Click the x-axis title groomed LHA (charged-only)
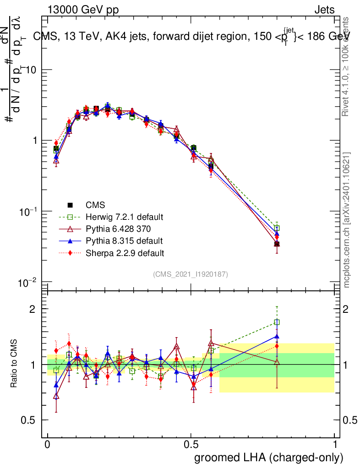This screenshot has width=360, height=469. click(x=269, y=458)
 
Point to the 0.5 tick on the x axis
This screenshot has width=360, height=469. click(x=191, y=445)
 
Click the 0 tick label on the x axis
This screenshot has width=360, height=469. click(x=47, y=445)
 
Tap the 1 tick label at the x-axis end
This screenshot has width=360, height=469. click(x=335, y=445)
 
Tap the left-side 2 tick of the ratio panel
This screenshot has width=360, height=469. click(x=33, y=309)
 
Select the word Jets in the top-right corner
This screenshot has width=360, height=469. click(x=324, y=10)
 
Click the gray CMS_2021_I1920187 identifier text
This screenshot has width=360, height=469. click(x=190, y=274)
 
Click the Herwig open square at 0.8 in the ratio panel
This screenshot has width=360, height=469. click(x=277, y=322)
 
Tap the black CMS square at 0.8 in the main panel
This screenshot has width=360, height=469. click(x=277, y=244)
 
